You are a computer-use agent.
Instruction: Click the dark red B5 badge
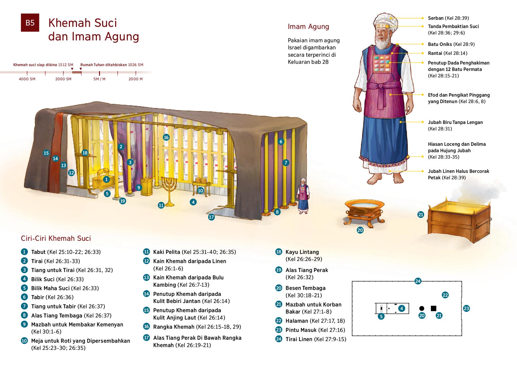click(30, 23)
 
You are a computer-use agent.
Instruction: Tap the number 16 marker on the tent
click(166, 137)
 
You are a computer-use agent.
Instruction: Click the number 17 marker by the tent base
click(211, 217)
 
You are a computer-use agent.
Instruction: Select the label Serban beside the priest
click(435, 18)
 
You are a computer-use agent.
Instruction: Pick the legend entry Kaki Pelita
click(167, 252)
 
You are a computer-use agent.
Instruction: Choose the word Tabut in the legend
click(38, 252)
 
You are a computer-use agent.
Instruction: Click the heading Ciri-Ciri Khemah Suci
click(56, 238)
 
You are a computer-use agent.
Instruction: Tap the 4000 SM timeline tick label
click(27, 79)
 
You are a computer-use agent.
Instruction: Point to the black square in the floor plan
click(433, 308)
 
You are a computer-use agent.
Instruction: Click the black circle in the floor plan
click(421, 308)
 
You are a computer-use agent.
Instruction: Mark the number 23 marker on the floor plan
click(466, 308)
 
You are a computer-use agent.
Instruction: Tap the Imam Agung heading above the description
click(308, 27)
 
